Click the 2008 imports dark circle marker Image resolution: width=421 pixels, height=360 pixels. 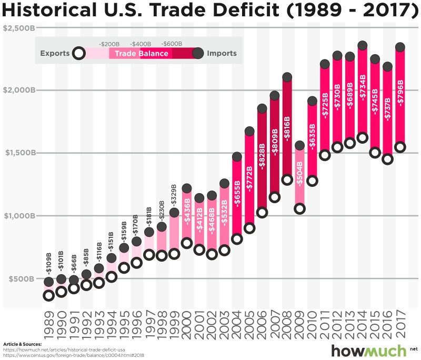pos(287,77)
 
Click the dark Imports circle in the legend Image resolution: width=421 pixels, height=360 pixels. pos(198,53)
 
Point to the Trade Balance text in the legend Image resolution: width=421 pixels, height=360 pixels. pos(142,54)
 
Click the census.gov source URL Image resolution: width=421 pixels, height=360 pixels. pos(74,355)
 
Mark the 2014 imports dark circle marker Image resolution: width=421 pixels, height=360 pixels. pos(362,46)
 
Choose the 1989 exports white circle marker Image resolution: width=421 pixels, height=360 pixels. pos(49,295)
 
